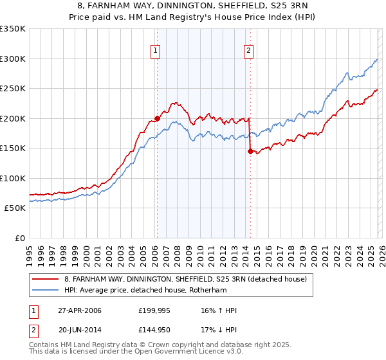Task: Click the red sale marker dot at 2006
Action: [x=157, y=118]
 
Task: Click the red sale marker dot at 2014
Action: [x=250, y=151]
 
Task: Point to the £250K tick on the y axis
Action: [x=13, y=89]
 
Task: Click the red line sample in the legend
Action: [x=46, y=279]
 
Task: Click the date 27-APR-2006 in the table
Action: [x=78, y=310]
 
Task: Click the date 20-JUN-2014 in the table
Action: [x=78, y=331]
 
